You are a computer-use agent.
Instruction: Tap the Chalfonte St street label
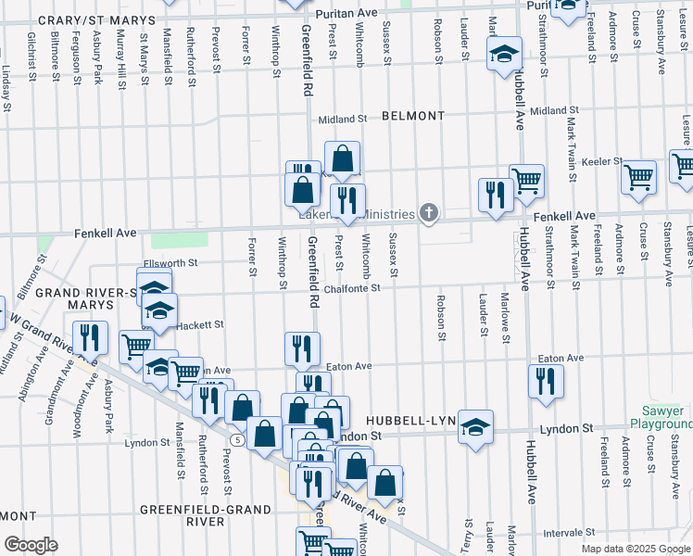352,288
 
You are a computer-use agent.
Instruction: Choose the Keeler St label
601,161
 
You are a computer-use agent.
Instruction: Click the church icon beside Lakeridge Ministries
428,214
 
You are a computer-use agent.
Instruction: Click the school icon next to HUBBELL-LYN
476,426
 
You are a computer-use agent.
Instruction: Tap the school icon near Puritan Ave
505,55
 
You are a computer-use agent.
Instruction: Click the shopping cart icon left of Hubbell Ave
526,180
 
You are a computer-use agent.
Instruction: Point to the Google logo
31,545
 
